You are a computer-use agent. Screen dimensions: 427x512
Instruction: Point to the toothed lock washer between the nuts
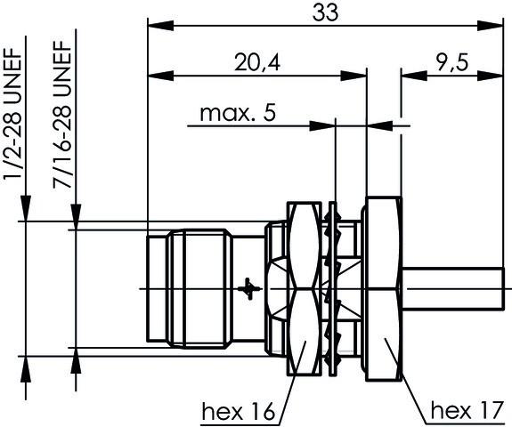click(x=336, y=289)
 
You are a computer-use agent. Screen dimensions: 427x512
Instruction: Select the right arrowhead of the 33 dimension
click(x=497, y=25)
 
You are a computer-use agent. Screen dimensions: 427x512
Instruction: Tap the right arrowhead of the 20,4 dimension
click(x=362, y=75)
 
